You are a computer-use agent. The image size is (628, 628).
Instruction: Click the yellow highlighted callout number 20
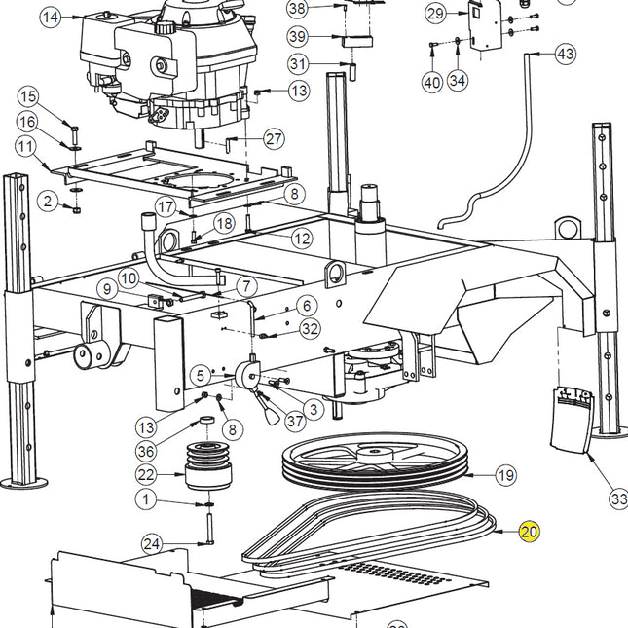click(529, 532)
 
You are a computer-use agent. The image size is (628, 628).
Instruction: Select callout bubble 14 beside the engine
click(50, 17)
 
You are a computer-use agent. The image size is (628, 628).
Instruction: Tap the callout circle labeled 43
click(566, 55)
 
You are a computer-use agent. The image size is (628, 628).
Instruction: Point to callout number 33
click(618, 499)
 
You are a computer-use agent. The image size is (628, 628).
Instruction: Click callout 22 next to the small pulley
click(146, 474)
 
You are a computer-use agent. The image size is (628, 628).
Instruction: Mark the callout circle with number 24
click(151, 543)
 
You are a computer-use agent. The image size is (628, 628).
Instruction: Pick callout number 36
click(146, 451)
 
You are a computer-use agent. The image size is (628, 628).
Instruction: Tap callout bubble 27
click(274, 139)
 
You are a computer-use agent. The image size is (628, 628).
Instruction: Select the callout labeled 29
click(435, 13)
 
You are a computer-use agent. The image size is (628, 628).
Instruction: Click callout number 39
click(299, 36)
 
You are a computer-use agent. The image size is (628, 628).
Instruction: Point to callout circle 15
click(27, 96)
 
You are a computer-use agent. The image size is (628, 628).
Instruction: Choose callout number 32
click(310, 329)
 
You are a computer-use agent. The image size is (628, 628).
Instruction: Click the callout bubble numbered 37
click(295, 421)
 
